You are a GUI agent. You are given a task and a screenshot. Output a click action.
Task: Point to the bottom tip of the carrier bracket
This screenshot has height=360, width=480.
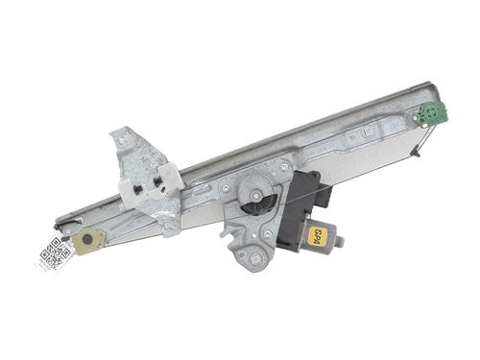coord(169,229)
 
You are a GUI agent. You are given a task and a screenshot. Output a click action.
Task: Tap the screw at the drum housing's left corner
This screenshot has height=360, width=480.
coord(225,190)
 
